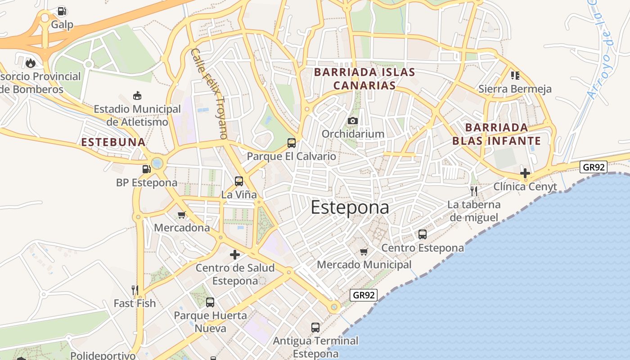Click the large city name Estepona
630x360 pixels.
click(x=350, y=207)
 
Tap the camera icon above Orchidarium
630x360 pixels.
click(x=353, y=121)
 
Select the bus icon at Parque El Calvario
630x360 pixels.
click(x=292, y=143)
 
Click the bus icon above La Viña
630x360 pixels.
click(x=239, y=181)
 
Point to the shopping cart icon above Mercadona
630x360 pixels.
click(x=182, y=215)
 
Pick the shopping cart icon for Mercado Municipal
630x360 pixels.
click(x=364, y=251)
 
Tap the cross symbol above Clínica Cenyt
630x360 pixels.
click(x=525, y=173)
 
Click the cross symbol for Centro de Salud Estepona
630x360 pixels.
click(x=235, y=255)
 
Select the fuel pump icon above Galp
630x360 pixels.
click(x=62, y=11)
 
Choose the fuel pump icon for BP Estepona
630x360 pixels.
click(x=146, y=169)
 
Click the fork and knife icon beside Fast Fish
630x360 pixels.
click(x=135, y=290)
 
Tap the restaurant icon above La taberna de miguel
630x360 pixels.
click(x=473, y=191)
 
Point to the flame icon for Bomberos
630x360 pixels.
click(x=31, y=63)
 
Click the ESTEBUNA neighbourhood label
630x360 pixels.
click(x=113, y=142)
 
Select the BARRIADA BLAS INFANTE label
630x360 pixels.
click(x=496, y=134)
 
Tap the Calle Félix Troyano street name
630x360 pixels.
click(x=209, y=93)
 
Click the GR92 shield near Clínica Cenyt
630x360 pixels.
click(x=594, y=167)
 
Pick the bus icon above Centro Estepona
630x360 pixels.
click(x=423, y=234)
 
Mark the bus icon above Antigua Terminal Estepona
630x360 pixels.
click(x=315, y=328)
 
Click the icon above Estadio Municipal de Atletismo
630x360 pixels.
click(x=137, y=95)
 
